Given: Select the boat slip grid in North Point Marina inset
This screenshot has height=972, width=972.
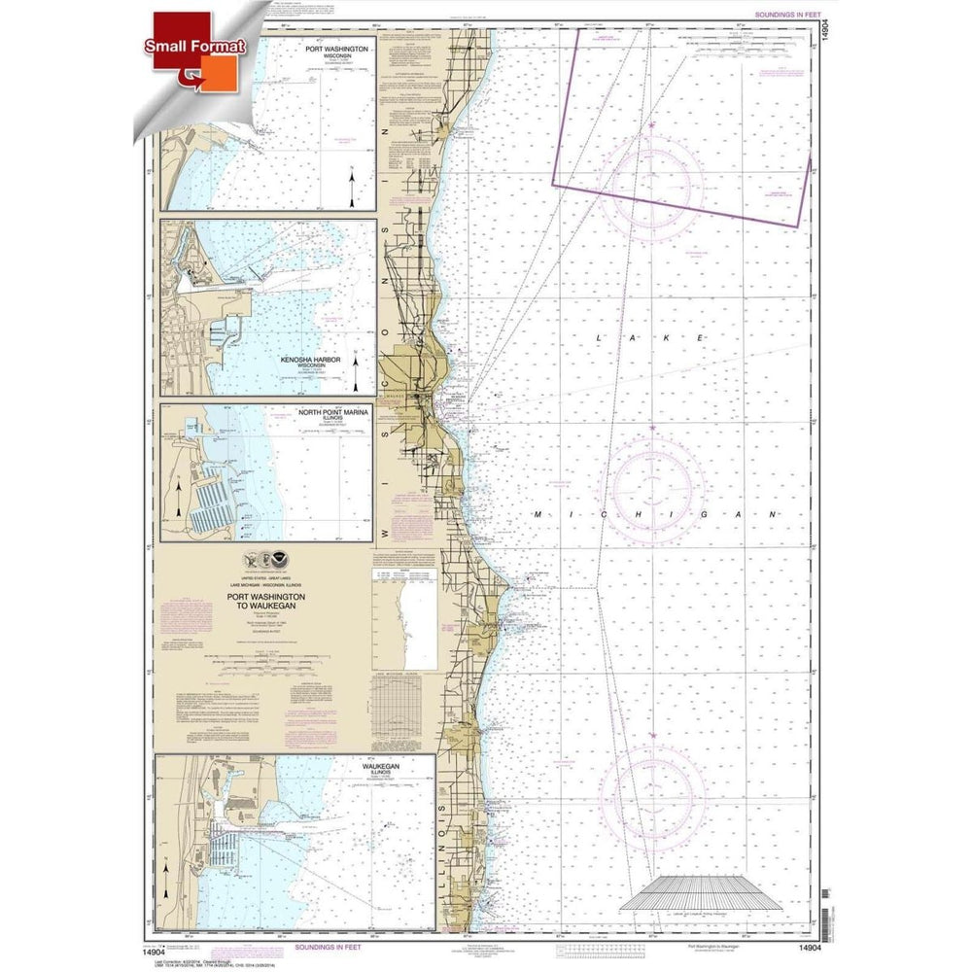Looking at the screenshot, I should point(210,505).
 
